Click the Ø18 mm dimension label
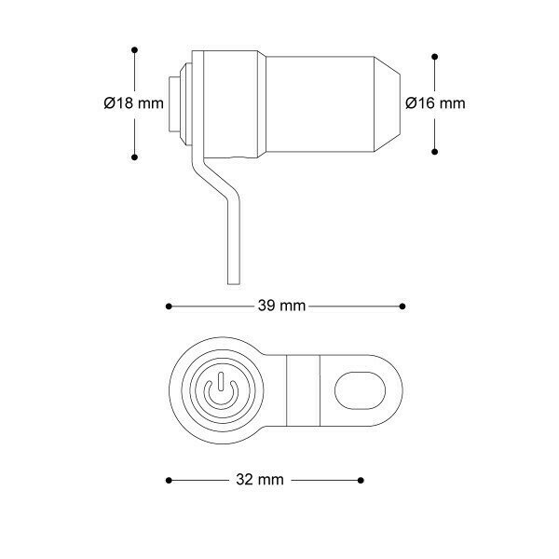[133, 103]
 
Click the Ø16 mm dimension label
[435, 103]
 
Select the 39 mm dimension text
[281, 306]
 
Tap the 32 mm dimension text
[260, 480]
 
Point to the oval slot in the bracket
[360, 390]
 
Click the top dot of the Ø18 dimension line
[134, 50]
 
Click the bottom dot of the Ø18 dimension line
[134, 157]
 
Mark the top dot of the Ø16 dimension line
[434, 57]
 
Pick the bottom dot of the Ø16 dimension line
[434, 152]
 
